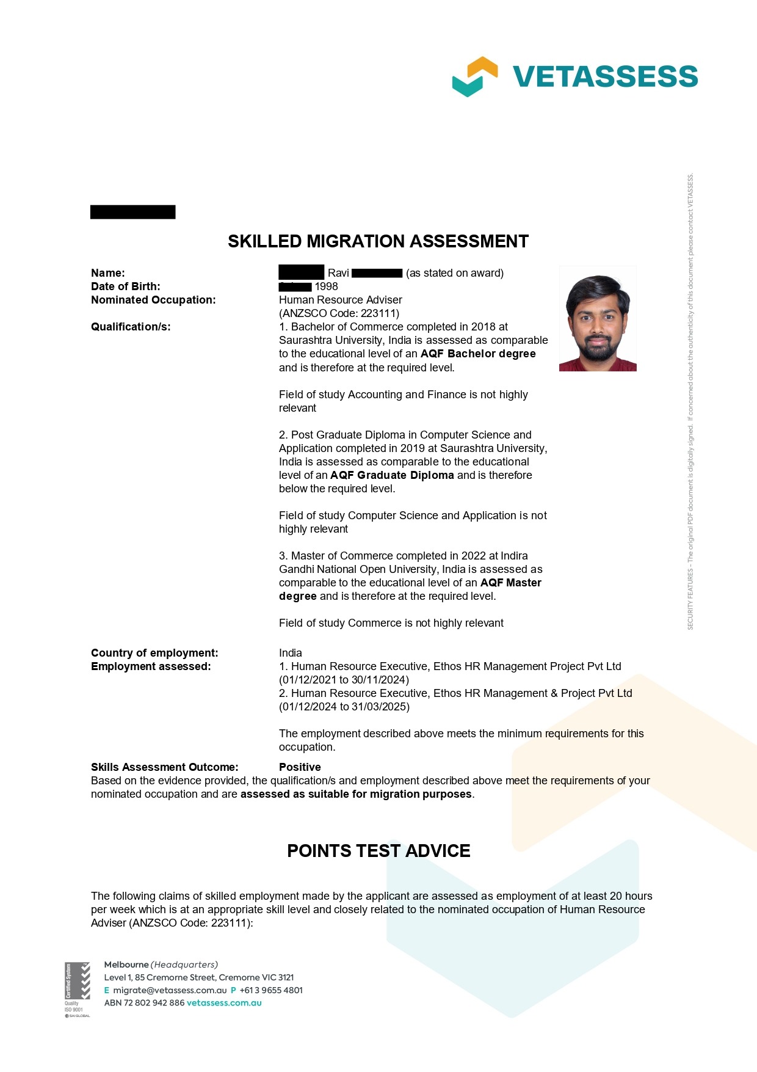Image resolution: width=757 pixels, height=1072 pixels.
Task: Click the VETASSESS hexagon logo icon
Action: [x=475, y=76]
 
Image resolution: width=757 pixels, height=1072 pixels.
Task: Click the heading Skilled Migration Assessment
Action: [x=378, y=241]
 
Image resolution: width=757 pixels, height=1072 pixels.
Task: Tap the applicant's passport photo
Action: [x=598, y=319]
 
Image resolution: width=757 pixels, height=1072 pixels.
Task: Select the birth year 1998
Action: [x=326, y=286]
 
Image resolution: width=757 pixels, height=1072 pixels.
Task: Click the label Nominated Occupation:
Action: [x=153, y=300]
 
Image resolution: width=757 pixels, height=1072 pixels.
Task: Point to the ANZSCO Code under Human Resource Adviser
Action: [x=339, y=313]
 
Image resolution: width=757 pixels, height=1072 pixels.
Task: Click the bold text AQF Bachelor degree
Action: [x=478, y=354]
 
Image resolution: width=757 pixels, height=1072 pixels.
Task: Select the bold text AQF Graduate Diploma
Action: [x=392, y=475]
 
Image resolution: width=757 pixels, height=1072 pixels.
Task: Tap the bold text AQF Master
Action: [x=511, y=583]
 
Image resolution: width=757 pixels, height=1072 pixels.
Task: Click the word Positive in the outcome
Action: [x=300, y=767]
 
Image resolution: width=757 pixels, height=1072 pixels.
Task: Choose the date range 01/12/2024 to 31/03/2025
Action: [x=344, y=707]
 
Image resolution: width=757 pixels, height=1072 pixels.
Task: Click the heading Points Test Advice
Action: [x=378, y=851]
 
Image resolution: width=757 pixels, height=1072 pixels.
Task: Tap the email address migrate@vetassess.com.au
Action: [x=170, y=990]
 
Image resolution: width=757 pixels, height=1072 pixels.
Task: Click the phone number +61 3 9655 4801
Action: [x=271, y=990]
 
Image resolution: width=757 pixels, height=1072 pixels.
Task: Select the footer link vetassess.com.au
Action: [x=224, y=1003]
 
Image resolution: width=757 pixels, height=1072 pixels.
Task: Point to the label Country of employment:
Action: [x=154, y=653]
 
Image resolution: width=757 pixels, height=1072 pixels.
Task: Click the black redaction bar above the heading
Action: [x=133, y=212]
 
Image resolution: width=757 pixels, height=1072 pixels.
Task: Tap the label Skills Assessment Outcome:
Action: [x=165, y=767]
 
